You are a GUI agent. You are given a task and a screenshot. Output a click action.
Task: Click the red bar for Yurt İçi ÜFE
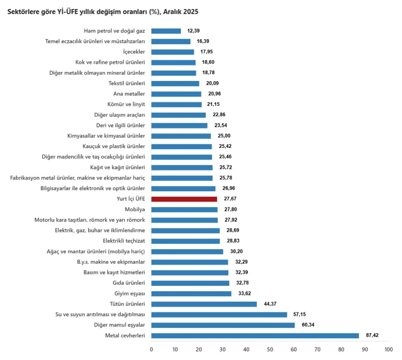coord(184,199)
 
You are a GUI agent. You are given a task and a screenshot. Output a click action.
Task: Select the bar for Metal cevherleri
coord(255,336)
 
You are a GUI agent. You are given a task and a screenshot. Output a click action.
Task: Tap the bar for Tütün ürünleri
coord(204,304)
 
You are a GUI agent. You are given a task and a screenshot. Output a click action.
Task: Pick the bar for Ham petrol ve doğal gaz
coord(166,31)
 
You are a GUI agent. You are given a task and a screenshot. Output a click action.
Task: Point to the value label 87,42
coord(372,335)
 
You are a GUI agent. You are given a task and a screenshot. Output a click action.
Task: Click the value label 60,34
coord(308,325)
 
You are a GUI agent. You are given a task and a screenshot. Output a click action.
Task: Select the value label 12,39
coord(193,31)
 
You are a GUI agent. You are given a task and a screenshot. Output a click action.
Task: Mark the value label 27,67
coord(230,199)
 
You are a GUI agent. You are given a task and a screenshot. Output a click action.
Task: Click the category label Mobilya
coord(135,210)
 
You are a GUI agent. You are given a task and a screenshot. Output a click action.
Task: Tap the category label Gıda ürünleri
coord(129,283)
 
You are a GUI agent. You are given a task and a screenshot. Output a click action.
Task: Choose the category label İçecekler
coord(134,52)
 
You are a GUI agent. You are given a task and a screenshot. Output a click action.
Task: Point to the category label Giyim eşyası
coord(130,293)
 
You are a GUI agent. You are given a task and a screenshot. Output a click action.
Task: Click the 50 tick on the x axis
coord(270,350)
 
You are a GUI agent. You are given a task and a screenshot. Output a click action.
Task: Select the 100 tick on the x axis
coord(388,350)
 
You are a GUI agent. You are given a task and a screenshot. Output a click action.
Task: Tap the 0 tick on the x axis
coord(151,350)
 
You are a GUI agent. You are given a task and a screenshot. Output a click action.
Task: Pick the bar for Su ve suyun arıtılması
coord(219,315)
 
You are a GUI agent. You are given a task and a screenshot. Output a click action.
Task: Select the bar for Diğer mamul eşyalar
coord(223,325)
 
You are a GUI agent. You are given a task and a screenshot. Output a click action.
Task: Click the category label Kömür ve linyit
coord(126,104)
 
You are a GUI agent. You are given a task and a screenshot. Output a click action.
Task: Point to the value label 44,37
coord(270,304)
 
